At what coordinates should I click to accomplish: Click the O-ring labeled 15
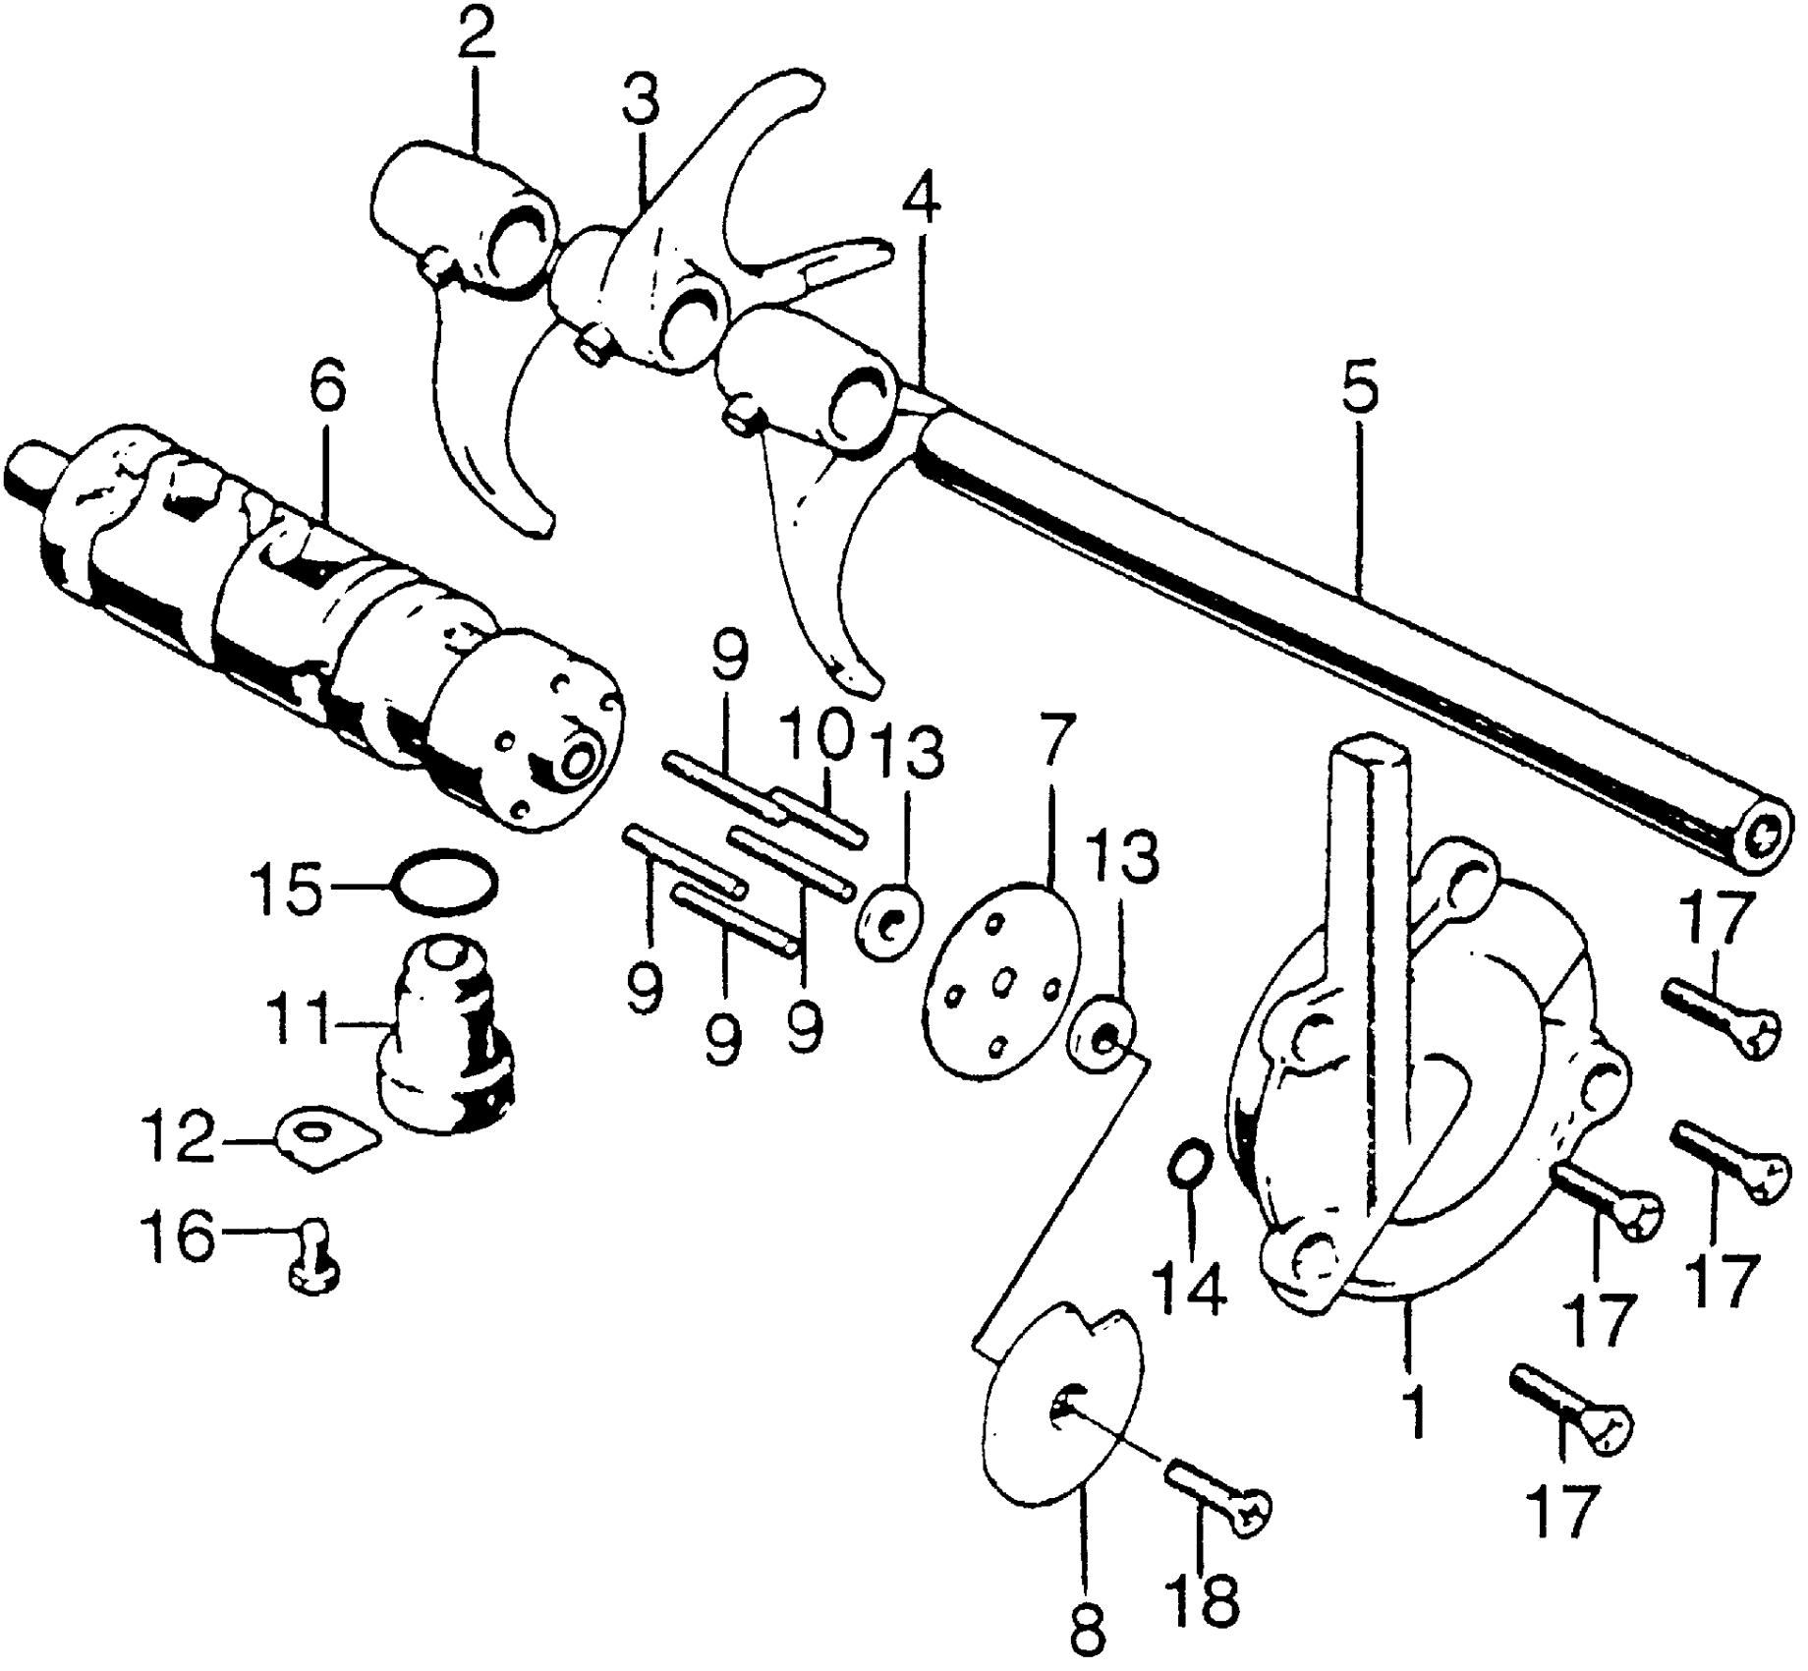(x=445, y=881)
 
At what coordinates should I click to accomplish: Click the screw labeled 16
(x=314, y=1266)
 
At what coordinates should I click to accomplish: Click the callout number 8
(x=1089, y=1631)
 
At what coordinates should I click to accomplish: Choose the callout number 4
(x=919, y=204)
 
